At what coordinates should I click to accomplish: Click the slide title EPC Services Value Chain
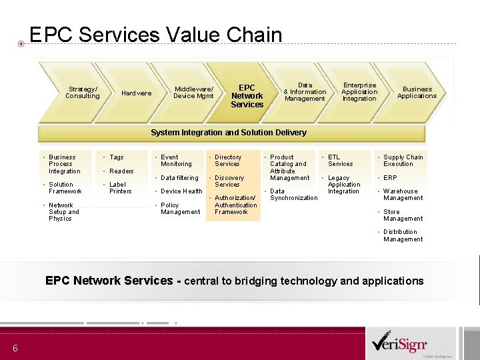[x=156, y=35]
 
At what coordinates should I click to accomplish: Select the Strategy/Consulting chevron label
[x=82, y=92]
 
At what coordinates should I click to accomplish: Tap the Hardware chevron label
[x=136, y=93]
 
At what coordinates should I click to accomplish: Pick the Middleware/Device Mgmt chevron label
[x=193, y=92]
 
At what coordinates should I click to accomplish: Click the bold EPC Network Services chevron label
[x=247, y=96]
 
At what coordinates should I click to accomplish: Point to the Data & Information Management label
[x=305, y=92]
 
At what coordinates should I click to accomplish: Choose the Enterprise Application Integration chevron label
[x=359, y=92]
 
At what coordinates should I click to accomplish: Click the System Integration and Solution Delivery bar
[x=229, y=133]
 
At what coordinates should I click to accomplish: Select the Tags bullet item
[x=117, y=157]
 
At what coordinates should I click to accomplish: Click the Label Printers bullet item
[x=120, y=188]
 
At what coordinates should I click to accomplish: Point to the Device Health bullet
[x=181, y=191]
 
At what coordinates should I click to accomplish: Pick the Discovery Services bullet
[x=229, y=181]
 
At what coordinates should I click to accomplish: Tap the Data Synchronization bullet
[x=293, y=195]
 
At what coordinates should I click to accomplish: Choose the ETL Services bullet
[x=340, y=161]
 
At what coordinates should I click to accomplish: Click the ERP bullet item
[x=390, y=178]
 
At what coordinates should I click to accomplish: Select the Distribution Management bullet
[x=403, y=235]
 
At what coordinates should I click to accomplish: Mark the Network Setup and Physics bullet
[x=63, y=212]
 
